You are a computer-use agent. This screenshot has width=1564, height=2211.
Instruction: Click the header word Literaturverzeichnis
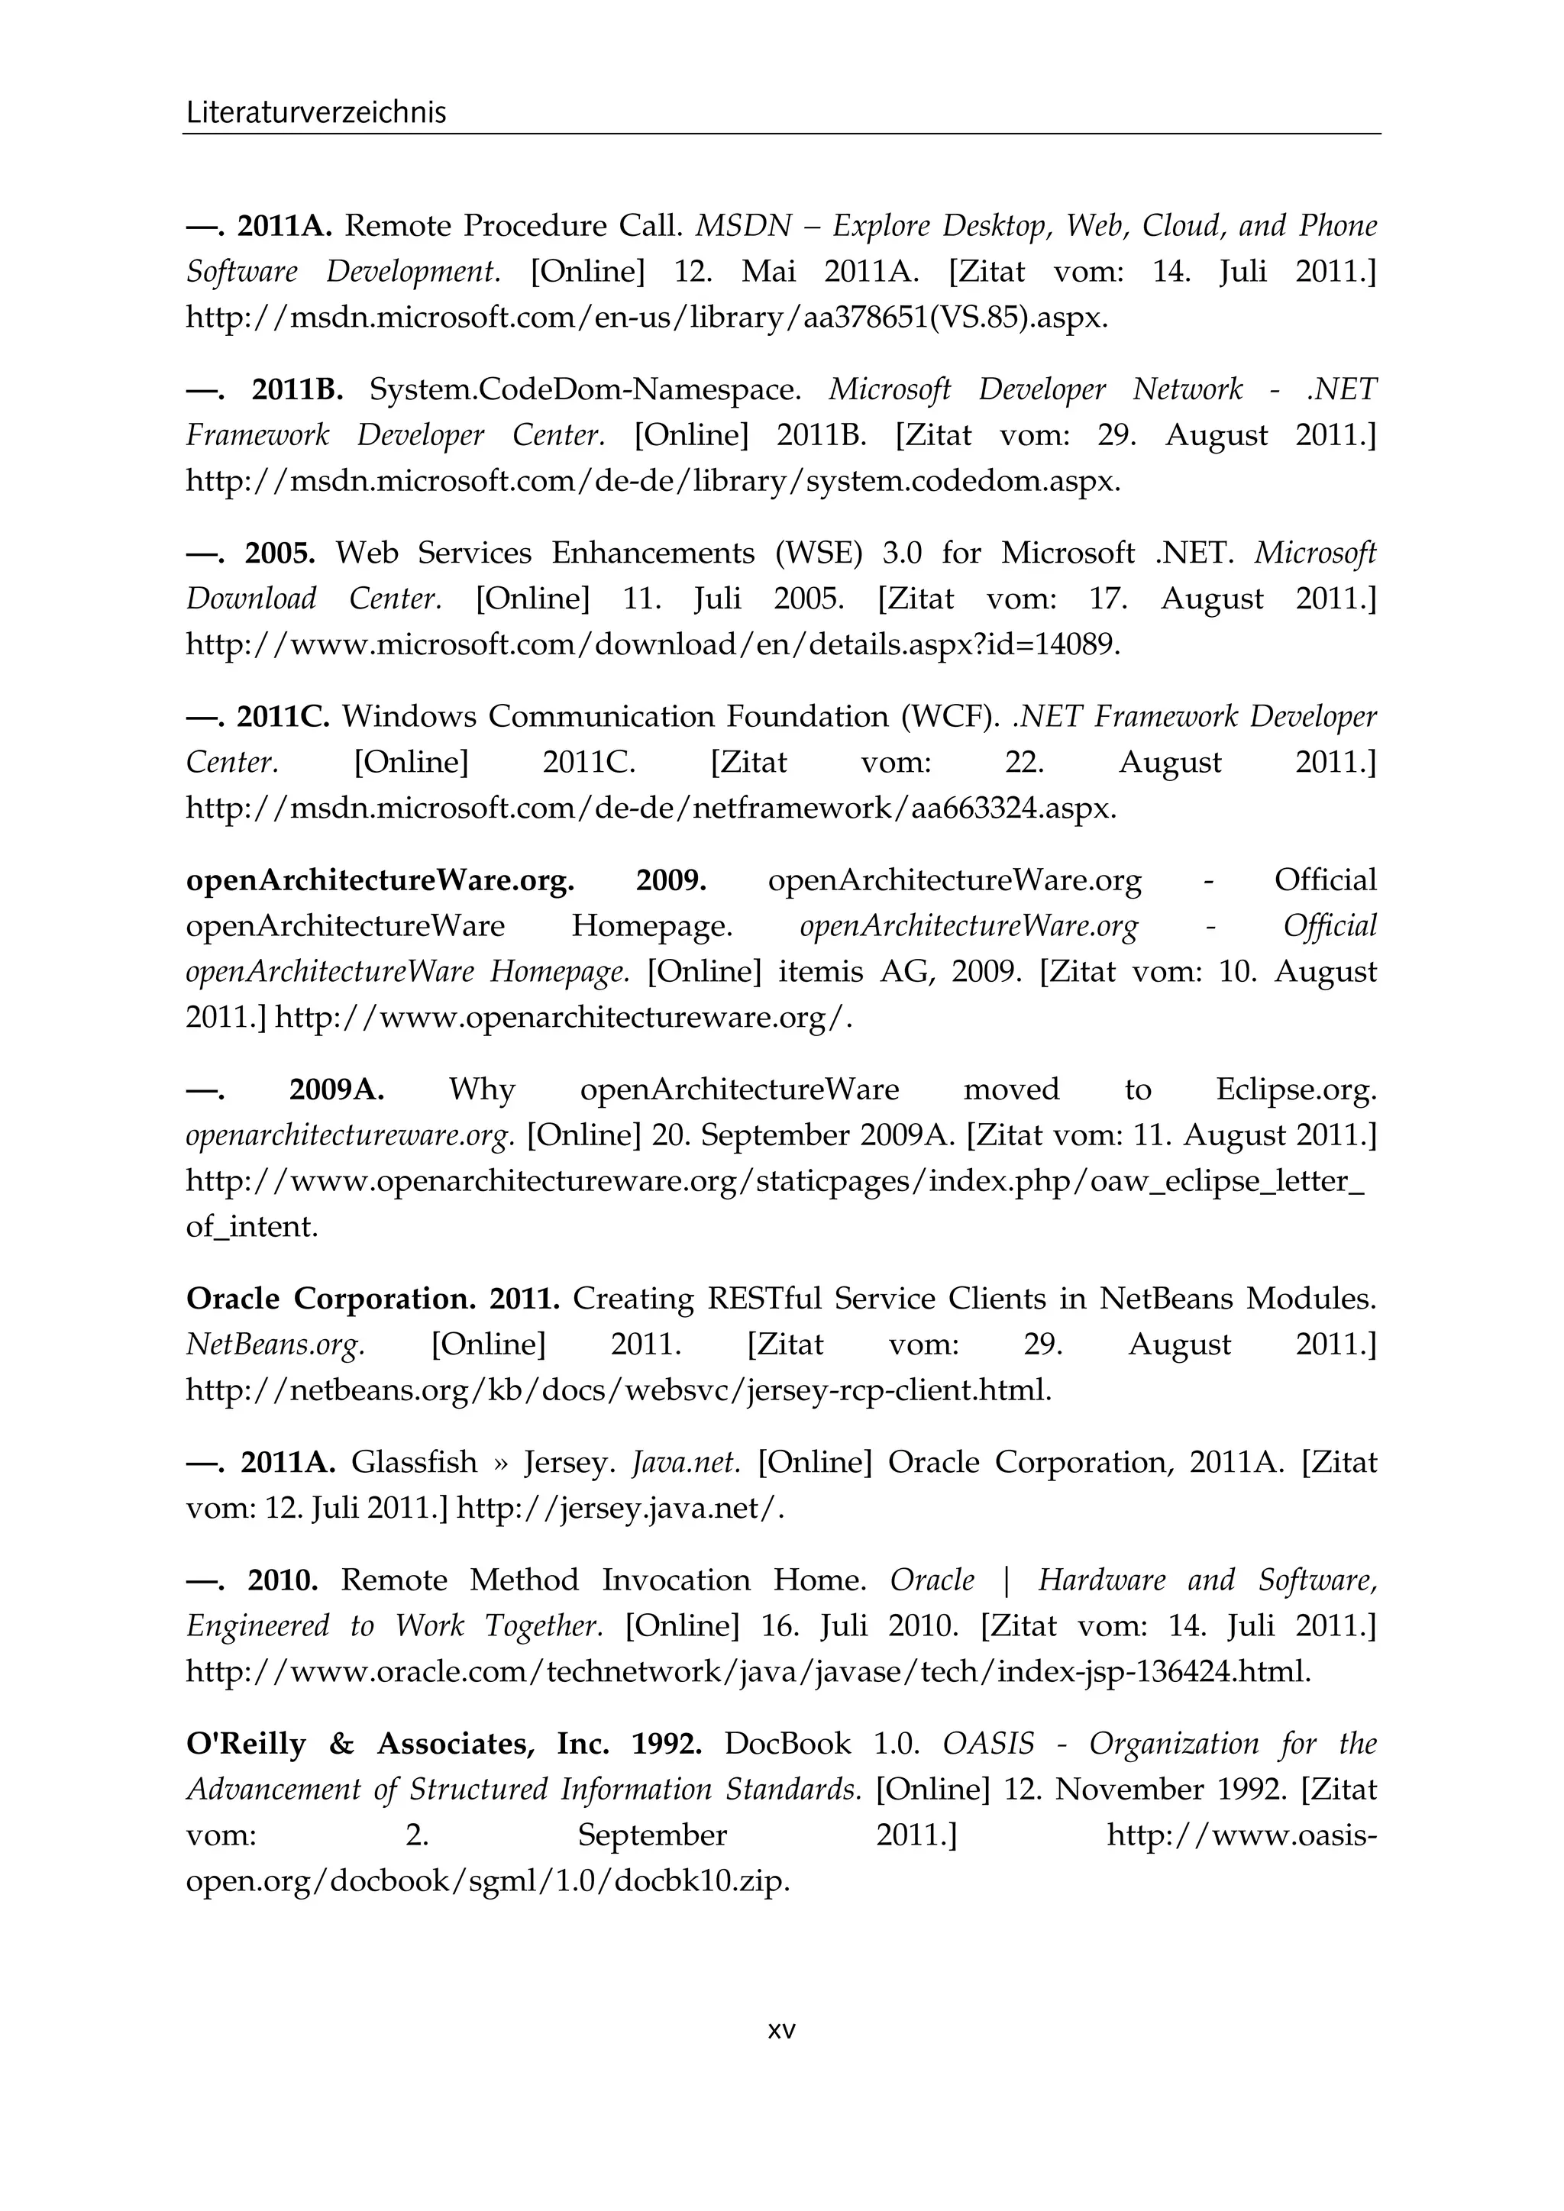click(316, 113)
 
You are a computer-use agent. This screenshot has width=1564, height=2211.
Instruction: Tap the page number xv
click(781, 2031)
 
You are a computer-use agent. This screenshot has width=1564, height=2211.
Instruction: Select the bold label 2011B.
click(298, 389)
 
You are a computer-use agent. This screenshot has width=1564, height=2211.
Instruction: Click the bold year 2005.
click(280, 553)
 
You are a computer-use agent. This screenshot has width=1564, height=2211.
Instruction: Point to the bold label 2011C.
click(283, 716)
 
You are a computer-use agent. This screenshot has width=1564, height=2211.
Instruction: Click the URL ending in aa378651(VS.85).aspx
click(646, 318)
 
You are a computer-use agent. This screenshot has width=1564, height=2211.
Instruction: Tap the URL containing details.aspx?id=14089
click(652, 645)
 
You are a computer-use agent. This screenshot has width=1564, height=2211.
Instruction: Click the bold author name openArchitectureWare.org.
click(380, 880)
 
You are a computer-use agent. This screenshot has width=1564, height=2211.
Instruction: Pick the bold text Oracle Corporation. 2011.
click(372, 1299)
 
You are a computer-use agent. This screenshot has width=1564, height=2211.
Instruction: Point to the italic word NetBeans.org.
click(276, 1344)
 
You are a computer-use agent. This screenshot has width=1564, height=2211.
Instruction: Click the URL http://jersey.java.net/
click(619, 1508)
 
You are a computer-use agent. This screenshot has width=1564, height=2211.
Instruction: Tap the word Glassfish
click(413, 1463)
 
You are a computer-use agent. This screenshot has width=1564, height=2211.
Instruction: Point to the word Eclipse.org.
click(1295, 1090)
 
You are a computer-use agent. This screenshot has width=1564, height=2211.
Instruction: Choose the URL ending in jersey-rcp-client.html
click(619, 1390)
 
